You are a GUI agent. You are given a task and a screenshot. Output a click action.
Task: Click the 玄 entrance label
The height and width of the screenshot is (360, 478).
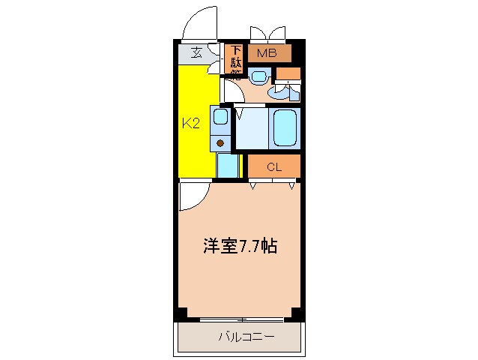click(x=196, y=52)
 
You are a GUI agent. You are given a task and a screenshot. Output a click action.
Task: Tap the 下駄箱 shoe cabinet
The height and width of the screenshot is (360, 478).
click(x=235, y=62)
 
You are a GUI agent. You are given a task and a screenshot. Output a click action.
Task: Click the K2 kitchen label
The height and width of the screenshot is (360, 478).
click(x=191, y=123)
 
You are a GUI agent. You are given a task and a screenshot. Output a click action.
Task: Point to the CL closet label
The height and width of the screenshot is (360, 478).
click(x=273, y=166)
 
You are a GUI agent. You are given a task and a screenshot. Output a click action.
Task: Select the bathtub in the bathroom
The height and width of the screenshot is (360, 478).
click(x=285, y=128)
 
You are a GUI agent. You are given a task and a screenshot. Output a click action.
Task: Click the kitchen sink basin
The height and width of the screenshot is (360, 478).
click(x=220, y=116)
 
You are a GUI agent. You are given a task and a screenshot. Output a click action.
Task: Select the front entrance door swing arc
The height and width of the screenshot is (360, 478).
click(x=199, y=22)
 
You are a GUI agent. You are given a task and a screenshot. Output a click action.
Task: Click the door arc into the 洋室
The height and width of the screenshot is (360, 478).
click(x=192, y=196)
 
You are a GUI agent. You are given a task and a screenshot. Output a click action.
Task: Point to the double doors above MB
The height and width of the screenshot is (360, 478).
click(x=268, y=34)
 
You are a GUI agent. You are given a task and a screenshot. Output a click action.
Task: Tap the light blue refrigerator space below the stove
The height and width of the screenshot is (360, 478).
click(x=227, y=164)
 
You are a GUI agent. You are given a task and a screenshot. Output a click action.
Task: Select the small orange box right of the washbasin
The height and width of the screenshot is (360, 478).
click(x=288, y=73)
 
